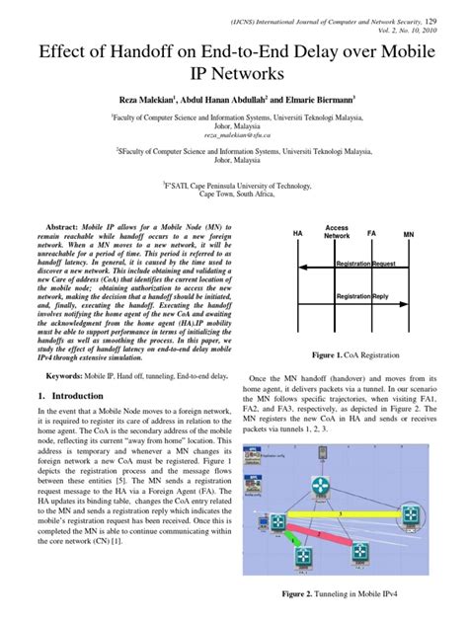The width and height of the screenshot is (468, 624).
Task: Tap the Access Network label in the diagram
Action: coord(337,232)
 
